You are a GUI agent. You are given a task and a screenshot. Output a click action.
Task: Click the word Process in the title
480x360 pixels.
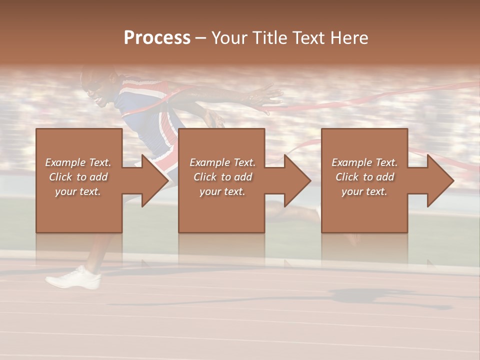157,38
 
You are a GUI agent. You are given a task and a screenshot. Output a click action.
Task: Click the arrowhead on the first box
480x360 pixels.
155,180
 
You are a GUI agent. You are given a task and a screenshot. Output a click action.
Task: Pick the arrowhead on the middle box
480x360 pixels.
297,180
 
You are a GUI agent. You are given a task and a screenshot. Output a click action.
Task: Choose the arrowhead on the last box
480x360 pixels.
440,180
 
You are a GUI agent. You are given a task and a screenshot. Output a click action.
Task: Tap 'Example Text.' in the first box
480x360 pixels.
78,162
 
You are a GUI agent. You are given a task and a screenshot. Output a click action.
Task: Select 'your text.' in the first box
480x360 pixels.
78,191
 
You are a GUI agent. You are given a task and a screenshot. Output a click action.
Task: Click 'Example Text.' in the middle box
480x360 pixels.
222,162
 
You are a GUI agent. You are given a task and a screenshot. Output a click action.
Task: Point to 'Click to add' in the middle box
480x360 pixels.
222,177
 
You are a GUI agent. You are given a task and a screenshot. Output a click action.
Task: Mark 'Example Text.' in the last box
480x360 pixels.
364,162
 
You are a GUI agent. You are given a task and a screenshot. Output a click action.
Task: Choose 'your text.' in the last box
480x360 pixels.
364,191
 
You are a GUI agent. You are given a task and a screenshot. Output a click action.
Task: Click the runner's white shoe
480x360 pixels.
73,278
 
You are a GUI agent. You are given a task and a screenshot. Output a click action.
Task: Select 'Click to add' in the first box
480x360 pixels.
78,177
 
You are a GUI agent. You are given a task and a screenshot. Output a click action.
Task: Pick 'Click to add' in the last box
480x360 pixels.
364,177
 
